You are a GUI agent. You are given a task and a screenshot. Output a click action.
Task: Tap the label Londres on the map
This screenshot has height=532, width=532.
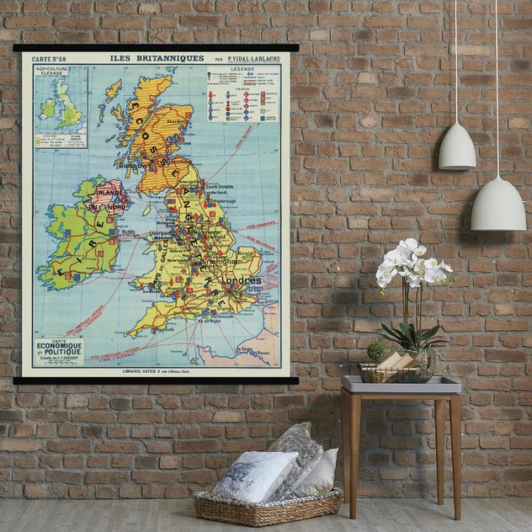click(243, 279)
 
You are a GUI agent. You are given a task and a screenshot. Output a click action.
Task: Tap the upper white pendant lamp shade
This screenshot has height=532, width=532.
click(457, 148)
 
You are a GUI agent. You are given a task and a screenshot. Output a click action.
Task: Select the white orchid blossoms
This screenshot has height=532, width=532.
click(412, 264)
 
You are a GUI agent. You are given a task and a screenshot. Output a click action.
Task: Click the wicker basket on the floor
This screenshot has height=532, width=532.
click(268, 508)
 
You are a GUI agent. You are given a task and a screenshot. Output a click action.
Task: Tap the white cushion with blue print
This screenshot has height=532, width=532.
click(254, 474)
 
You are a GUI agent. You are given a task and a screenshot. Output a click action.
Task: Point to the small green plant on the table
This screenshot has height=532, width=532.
click(376, 350)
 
